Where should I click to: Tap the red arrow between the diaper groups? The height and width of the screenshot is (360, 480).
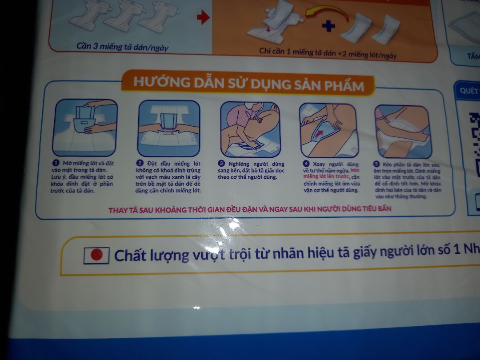203,18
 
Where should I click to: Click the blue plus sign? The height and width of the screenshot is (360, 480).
328,26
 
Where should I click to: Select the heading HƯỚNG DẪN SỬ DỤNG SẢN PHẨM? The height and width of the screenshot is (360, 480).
248,84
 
